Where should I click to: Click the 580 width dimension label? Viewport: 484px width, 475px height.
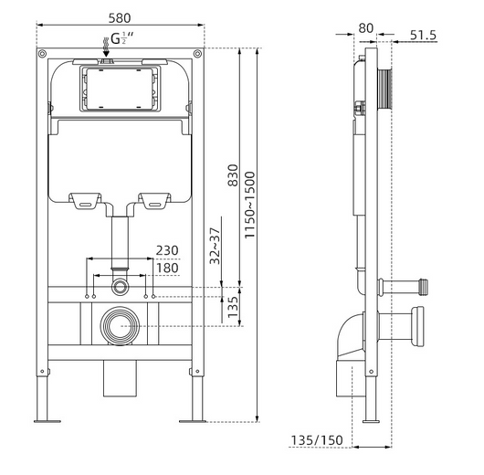[120, 18]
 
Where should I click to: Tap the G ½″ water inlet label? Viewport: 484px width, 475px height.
[122, 38]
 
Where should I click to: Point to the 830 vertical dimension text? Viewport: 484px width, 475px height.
[233, 175]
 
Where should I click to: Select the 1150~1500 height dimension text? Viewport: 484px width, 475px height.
[249, 205]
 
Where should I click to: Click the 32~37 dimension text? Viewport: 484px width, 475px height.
[215, 246]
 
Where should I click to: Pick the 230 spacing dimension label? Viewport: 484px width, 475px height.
[167, 250]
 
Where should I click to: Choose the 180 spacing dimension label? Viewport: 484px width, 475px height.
[167, 268]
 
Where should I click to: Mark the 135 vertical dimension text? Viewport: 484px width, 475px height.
[233, 307]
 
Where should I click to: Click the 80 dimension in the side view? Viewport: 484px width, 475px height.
[366, 28]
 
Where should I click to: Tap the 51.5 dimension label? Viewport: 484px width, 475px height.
[423, 35]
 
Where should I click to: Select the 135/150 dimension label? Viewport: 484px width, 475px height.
[317, 440]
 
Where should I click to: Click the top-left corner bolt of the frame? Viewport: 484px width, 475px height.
[42, 54]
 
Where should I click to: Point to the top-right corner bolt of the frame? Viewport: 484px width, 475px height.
[197, 54]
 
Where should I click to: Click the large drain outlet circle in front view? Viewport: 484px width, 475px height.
[120, 326]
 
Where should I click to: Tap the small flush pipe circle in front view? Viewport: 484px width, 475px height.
[120, 286]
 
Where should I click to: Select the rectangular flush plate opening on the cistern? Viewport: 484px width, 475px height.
[120, 89]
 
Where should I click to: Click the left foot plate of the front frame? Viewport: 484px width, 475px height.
[47, 421]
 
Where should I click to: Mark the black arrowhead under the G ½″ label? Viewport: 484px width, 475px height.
[106, 54]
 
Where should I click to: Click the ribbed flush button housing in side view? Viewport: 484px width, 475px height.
[384, 89]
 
